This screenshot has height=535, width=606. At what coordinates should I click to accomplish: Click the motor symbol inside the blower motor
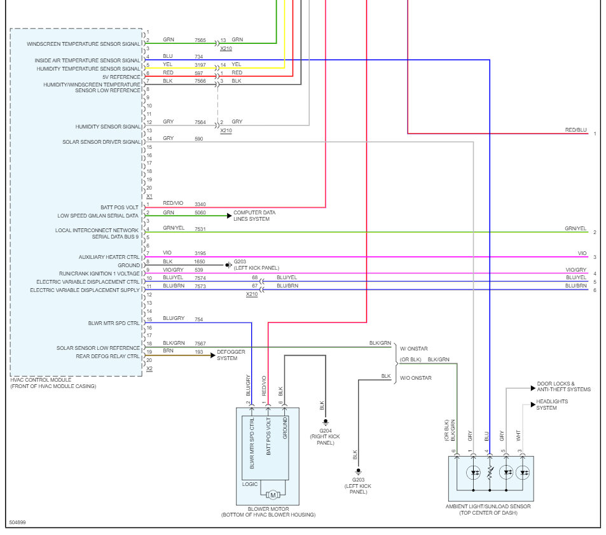pyautogui.click(x=272, y=495)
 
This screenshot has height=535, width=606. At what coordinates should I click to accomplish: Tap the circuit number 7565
pyautogui.click(x=200, y=39)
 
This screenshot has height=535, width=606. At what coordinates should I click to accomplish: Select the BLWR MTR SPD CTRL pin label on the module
pyautogui.click(x=114, y=323)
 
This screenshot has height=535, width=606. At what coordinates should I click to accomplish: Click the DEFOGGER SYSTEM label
pyautogui.click(x=231, y=355)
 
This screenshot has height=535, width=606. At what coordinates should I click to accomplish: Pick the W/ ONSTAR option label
pyautogui.click(x=413, y=347)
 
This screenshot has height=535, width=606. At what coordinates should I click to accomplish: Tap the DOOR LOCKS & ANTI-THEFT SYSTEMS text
pyautogui.click(x=563, y=386)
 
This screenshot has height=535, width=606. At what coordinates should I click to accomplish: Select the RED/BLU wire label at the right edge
pyautogui.click(x=575, y=130)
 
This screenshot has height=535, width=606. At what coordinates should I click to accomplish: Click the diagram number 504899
pyautogui.click(x=18, y=523)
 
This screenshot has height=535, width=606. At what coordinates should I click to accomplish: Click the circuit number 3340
pyautogui.click(x=200, y=204)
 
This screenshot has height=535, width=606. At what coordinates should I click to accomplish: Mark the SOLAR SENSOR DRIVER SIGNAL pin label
pyautogui.click(x=102, y=142)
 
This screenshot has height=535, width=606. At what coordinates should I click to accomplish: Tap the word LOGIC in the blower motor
pyautogui.click(x=250, y=484)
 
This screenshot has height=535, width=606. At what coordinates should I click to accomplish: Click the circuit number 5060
pyautogui.click(x=200, y=212)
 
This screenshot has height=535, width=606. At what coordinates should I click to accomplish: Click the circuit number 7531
pyautogui.click(x=200, y=229)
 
